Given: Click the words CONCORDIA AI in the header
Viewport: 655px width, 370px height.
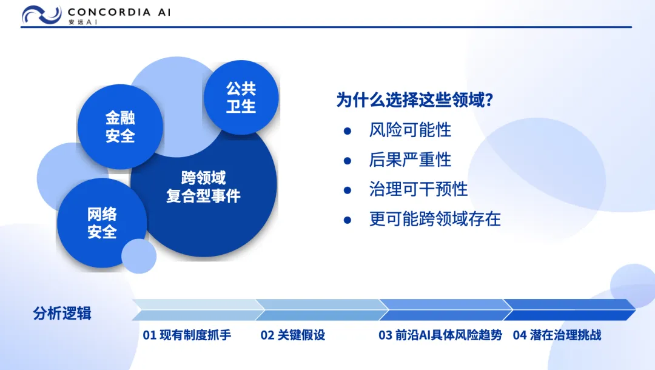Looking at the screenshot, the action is click(119, 12).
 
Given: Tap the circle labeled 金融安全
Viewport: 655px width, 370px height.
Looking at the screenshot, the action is click(120, 127).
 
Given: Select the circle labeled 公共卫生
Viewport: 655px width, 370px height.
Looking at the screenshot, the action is click(241, 97).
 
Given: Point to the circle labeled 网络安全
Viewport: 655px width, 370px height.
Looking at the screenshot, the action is click(102, 223).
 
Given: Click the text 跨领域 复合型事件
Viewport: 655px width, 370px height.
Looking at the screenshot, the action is click(203, 187).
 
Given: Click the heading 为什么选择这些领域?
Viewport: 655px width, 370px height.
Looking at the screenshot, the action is click(415, 100).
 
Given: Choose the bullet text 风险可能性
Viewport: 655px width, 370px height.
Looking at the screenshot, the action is click(410, 130).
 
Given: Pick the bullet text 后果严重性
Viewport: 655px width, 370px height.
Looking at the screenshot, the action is click(410, 160).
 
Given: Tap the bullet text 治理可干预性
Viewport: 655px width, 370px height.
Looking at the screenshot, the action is click(418, 189).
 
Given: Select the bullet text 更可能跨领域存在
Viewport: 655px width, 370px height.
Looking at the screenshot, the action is click(435, 219).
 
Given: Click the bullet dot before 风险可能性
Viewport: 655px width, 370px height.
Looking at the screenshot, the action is click(347, 131).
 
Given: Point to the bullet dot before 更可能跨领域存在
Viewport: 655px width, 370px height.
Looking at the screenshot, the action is click(347, 220).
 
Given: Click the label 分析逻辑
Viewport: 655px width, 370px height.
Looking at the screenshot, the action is click(62, 313).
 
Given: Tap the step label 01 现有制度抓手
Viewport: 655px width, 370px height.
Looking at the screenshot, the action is click(187, 335).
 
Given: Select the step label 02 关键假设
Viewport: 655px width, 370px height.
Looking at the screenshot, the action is click(293, 335).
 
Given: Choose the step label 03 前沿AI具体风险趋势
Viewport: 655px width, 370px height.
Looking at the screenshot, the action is click(440, 335).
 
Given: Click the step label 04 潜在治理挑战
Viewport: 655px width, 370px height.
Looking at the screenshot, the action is click(557, 335).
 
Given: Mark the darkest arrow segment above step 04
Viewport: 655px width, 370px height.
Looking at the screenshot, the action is click(569, 310).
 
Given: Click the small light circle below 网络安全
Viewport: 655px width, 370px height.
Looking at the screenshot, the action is click(139, 256).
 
